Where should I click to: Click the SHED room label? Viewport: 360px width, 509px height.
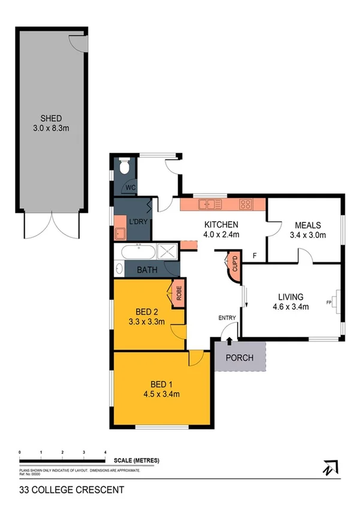coord(51,118)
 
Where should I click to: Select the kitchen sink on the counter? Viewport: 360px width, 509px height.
coord(210,204)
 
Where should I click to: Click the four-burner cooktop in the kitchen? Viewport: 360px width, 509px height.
coord(246,204)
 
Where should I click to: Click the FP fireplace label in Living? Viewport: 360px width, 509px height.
coord(329,302)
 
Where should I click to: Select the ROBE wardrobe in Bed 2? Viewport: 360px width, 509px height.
coord(178,293)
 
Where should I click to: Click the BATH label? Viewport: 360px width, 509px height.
coord(147,270)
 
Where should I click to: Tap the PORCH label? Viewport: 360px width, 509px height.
coord(240,358)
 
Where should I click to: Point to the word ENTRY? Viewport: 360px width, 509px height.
coord(227,318)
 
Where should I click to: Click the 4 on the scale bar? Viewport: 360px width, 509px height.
coord(105,451)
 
